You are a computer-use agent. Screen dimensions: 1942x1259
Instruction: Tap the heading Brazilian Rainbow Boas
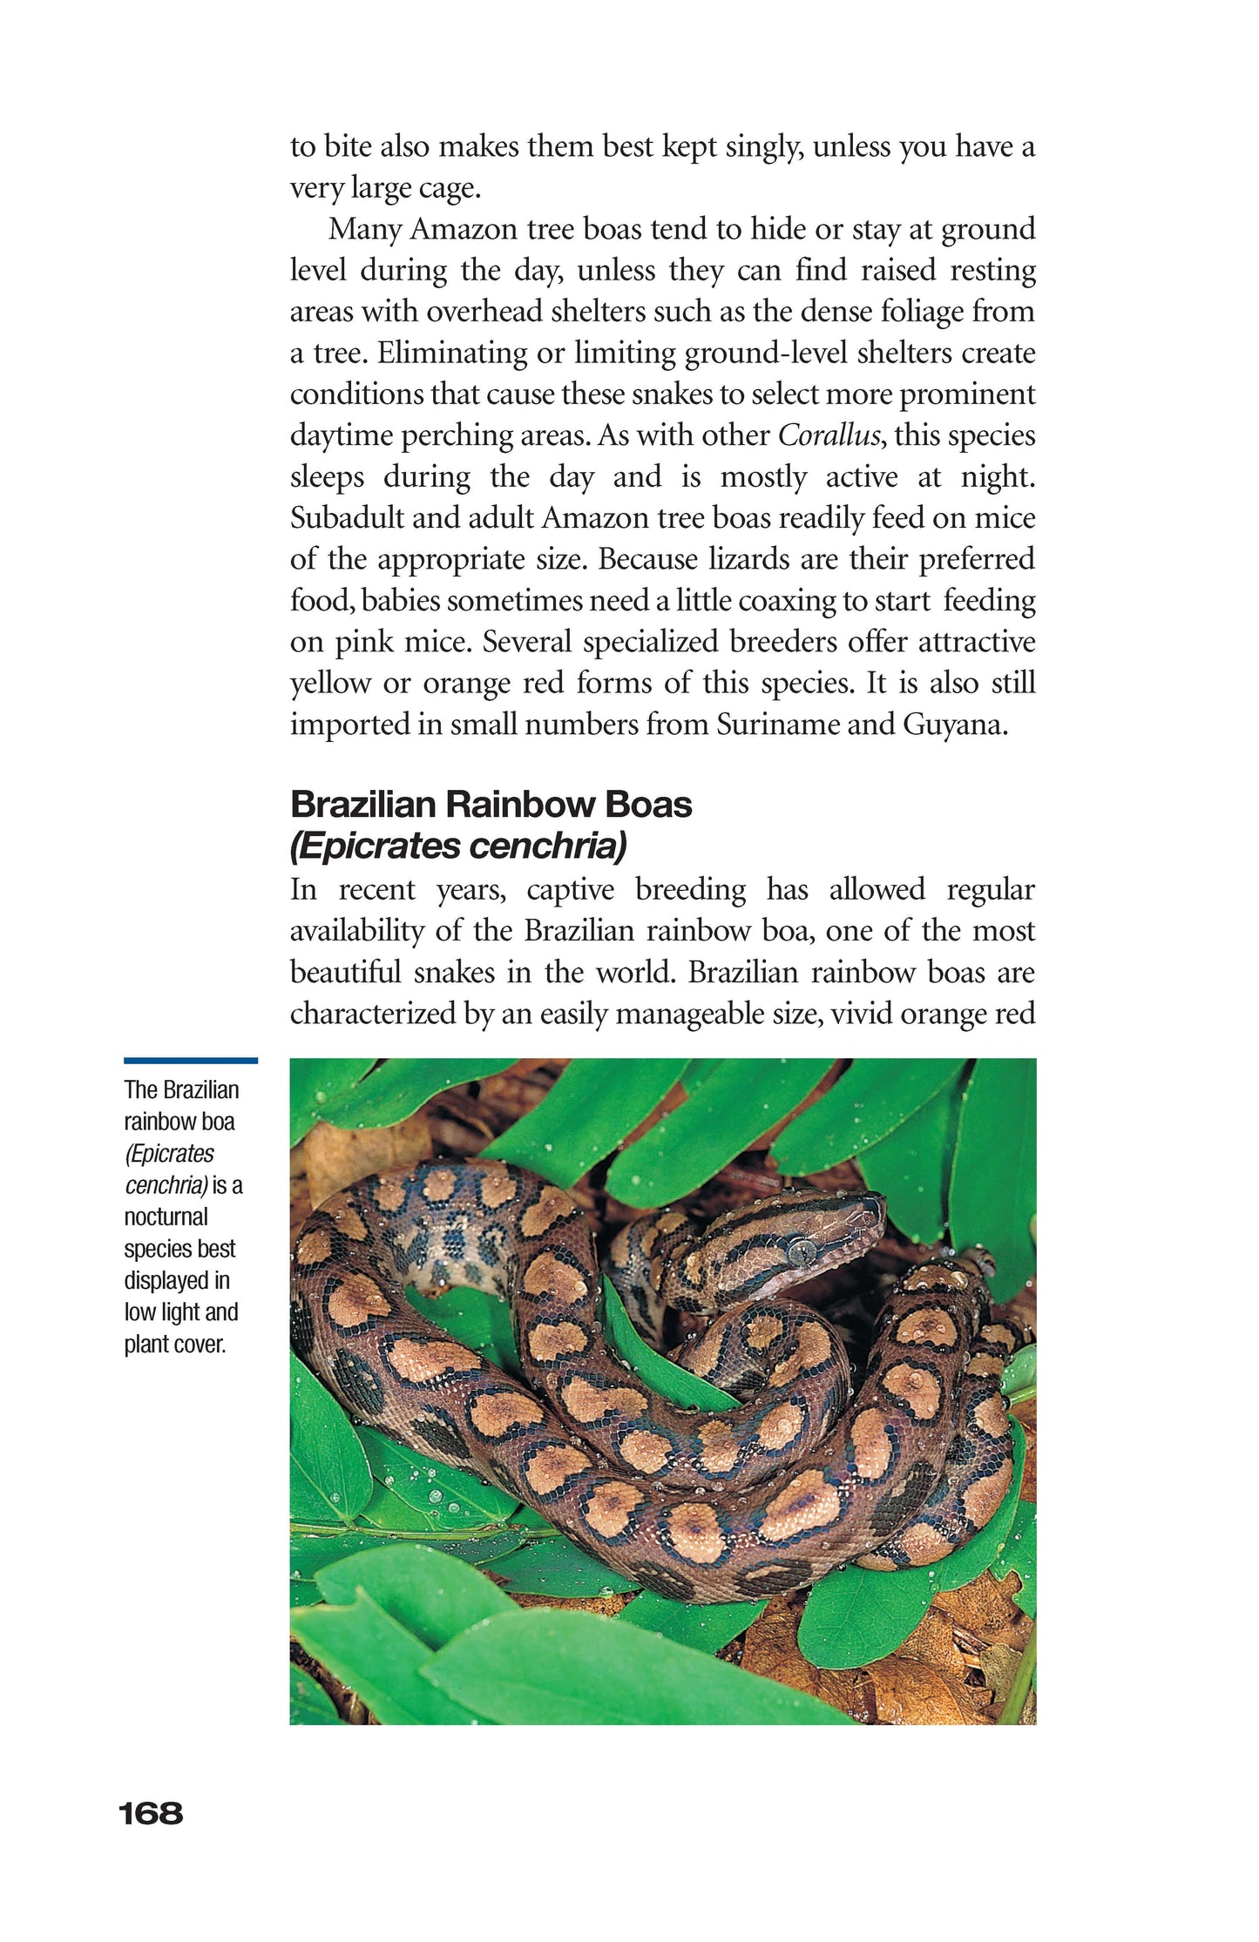pyautogui.click(x=491, y=805)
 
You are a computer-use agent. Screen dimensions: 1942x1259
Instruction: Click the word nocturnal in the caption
pyautogui.click(x=166, y=1217)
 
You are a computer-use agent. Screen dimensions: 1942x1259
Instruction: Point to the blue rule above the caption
pyautogui.click(x=190, y=1061)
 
